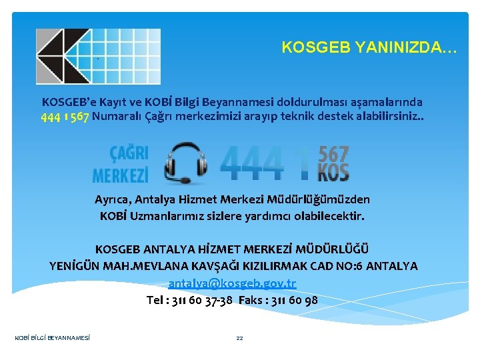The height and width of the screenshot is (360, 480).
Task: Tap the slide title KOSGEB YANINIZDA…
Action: pyautogui.click(x=369, y=47)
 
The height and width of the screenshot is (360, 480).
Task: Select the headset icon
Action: pyautogui.click(x=185, y=162)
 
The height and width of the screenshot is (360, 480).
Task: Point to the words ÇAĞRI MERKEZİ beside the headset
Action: pyautogui.click(x=121, y=164)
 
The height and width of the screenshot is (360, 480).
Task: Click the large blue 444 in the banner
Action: pyautogui.click(x=254, y=163)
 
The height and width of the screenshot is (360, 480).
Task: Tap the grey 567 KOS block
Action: pyautogui.click(x=333, y=163)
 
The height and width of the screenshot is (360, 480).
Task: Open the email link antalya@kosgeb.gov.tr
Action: pyautogui.click(x=232, y=283)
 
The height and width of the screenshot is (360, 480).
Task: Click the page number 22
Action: pyautogui.click(x=240, y=338)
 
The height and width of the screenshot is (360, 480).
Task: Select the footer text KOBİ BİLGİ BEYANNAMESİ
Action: pyautogui.click(x=53, y=338)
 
